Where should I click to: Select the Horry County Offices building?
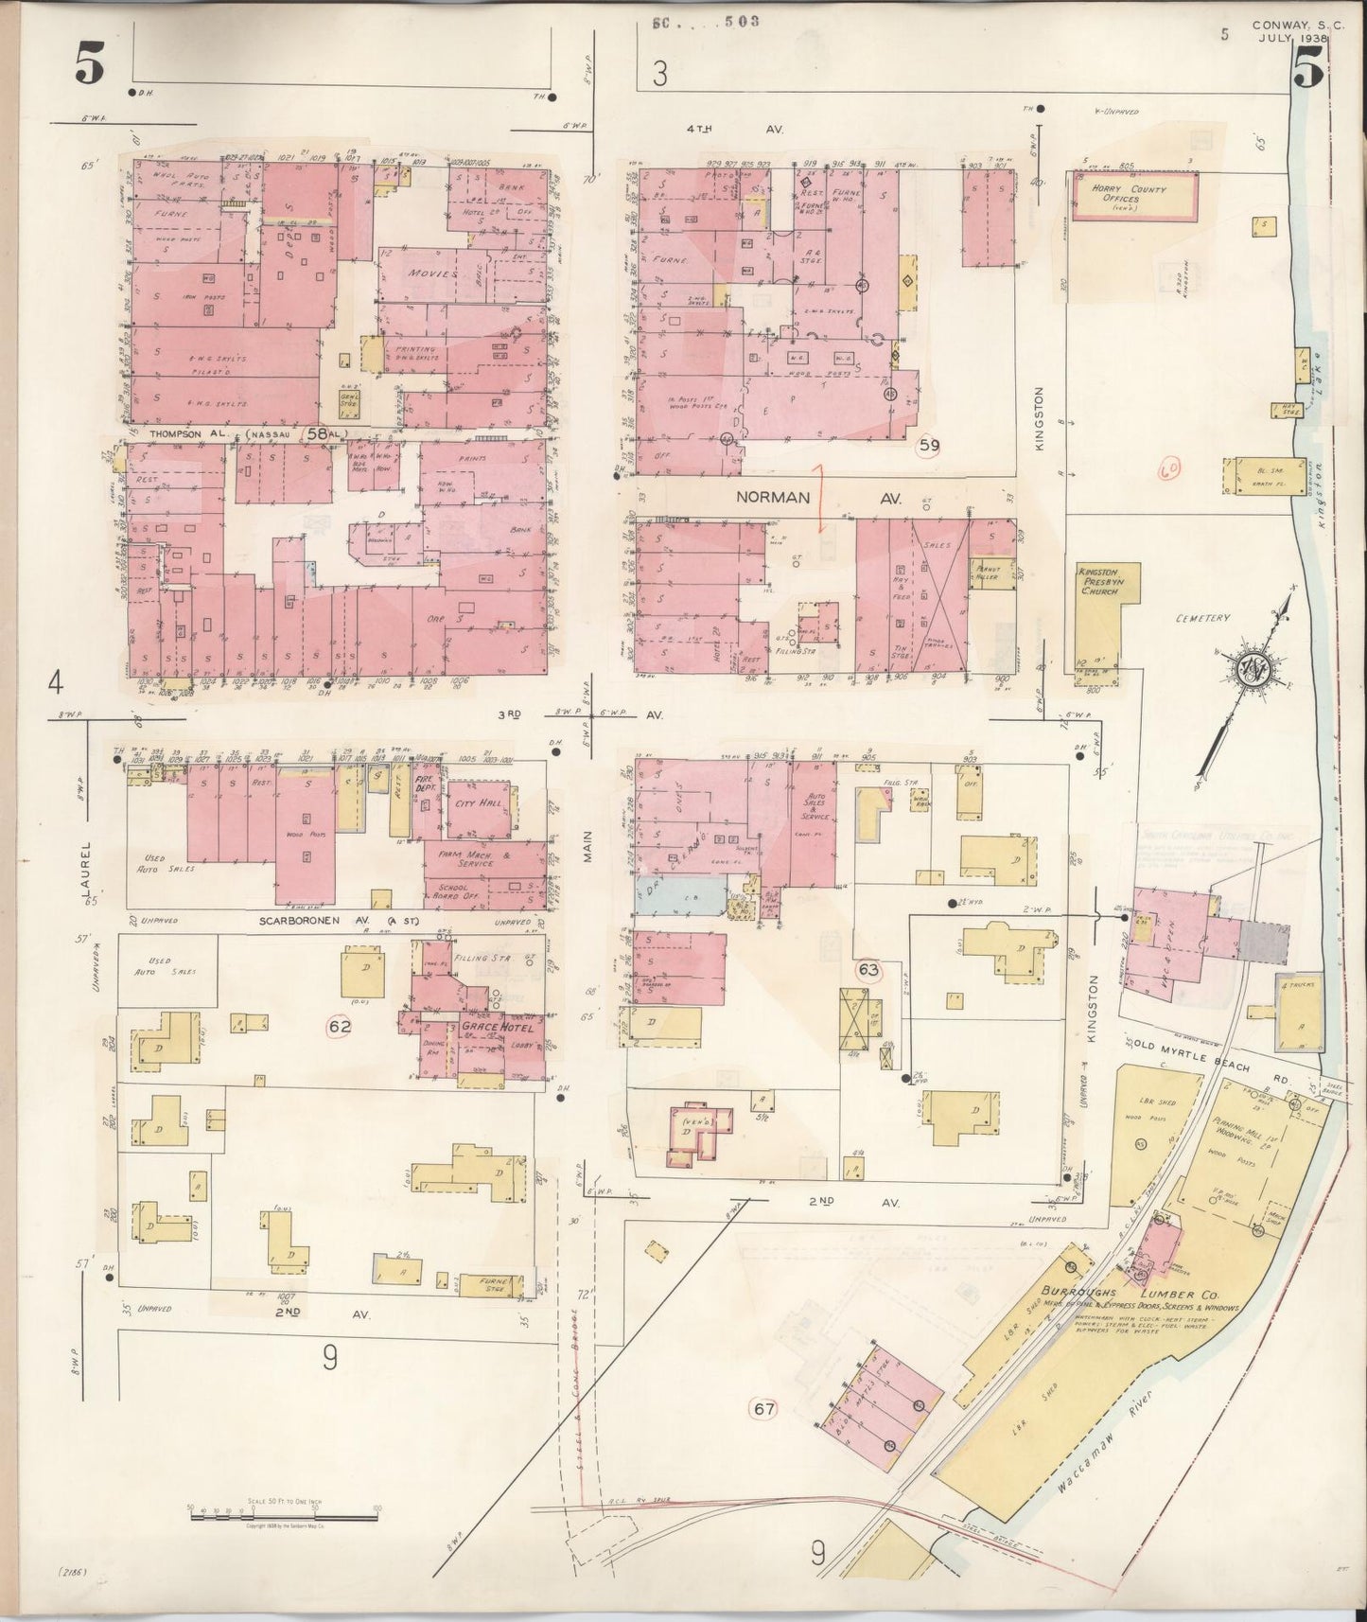coord(1134,197)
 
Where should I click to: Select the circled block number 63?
coord(868,969)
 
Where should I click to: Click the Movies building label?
coord(432,273)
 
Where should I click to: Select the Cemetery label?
coord(1202,618)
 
